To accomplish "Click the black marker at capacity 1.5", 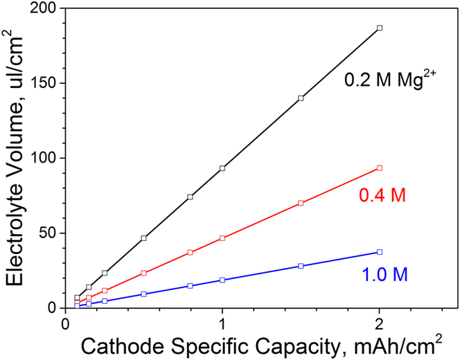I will [301, 98].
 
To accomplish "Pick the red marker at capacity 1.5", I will [301, 203].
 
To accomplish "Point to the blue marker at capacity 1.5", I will [301, 266].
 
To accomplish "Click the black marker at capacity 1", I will [222, 168].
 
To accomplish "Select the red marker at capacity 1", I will [222, 238].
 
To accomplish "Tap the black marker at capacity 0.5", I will [143, 238].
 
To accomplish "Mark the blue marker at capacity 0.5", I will [143, 294].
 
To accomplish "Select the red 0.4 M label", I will [381, 197].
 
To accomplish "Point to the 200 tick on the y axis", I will [46, 9].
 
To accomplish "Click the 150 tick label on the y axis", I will [46, 84].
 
